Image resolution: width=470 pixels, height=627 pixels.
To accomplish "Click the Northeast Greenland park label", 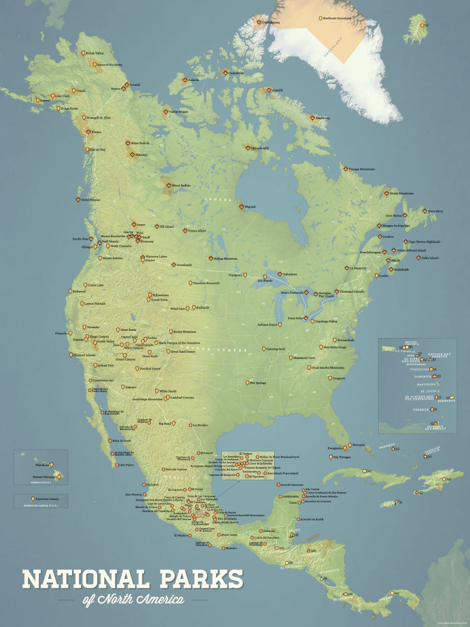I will (337, 18).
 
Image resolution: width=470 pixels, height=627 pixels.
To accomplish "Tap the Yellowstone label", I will (160, 295).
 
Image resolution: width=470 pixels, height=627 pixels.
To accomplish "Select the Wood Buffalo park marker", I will (168, 185).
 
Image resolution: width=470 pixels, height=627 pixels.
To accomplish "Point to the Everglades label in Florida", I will (335, 448).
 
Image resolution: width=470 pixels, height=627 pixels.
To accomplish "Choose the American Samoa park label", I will (44, 500).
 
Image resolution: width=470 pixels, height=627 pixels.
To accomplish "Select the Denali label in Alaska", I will (80, 90).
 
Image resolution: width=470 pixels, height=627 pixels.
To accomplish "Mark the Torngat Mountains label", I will (362, 169).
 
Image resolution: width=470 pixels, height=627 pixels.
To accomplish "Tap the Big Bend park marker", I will (174, 423).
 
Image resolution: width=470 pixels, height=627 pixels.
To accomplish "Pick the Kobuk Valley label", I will (95, 53).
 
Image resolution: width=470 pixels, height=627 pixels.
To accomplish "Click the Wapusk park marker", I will (241, 207).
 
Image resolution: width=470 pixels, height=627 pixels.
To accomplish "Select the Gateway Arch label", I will (275, 349).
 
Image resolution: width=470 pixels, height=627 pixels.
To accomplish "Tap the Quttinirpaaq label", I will (272, 22).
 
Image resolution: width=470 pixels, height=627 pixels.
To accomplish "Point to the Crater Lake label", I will (96, 285).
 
